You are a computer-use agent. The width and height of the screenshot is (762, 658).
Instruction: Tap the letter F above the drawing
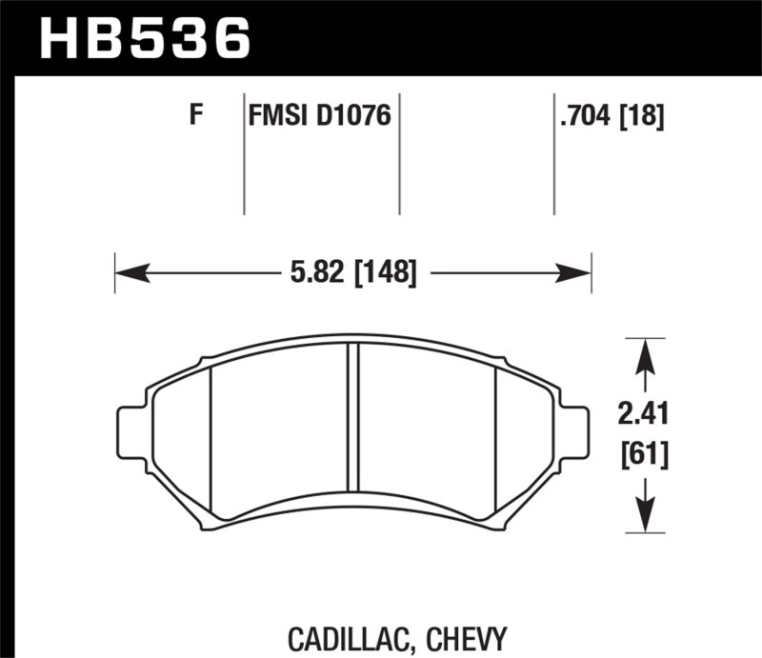[x=197, y=116]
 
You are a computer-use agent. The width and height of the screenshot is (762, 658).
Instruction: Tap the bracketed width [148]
[x=386, y=273]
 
